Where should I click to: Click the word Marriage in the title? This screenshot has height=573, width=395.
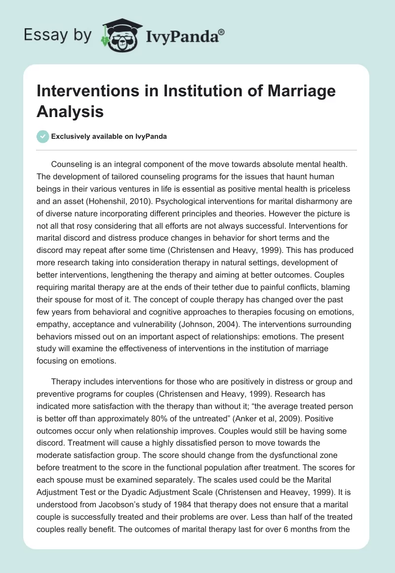pyautogui.click(x=296, y=91)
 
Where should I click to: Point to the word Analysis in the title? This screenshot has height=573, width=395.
pyautogui.click(x=70, y=111)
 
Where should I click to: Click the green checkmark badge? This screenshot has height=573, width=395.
pyautogui.click(x=42, y=136)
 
